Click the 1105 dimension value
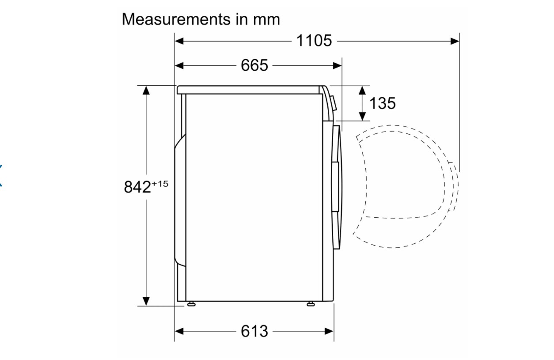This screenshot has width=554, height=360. tap(314, 41)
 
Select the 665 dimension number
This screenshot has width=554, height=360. tap(254, 65)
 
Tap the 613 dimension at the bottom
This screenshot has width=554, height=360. tap(254, 331)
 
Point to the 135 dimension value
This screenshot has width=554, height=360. tap(382, 103)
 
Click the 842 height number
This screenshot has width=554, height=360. tap(137, 187)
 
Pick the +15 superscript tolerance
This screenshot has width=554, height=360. tap(160, 184)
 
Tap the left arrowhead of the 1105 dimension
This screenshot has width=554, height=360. tap(179, 41)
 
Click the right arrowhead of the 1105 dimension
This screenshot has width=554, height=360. tap(455, 41)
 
